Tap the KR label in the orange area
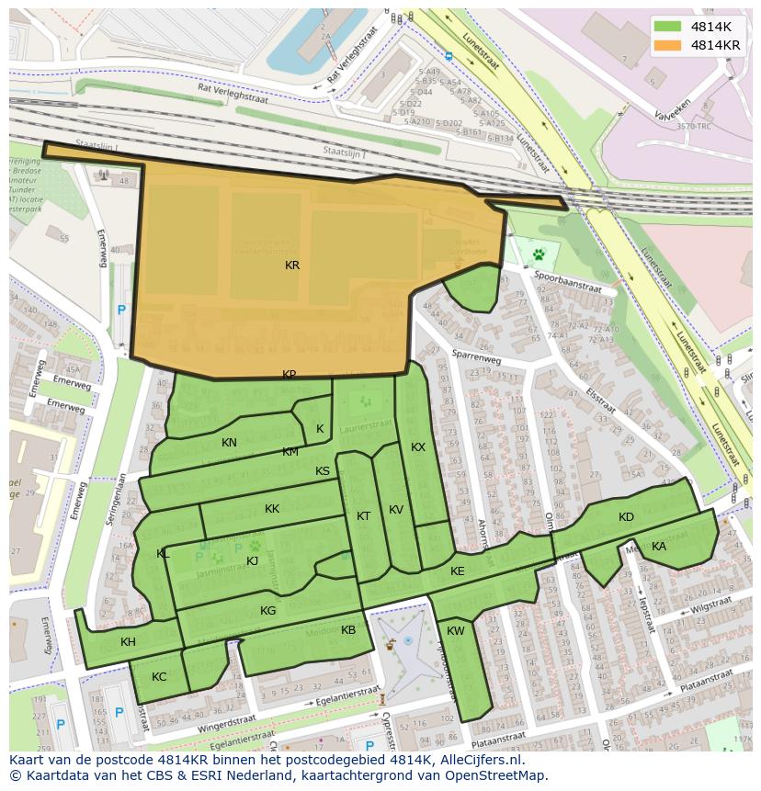point(292,266)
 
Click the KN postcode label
point(229,443)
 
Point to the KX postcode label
point(418,447)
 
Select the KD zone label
point(626,517)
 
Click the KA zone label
point(659,547)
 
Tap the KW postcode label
point(456,631)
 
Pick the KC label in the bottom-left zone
point(159,677)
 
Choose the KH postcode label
point(128,642)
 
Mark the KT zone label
point(363,516)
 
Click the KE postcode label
point(458,571)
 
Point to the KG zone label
point(267,611)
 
